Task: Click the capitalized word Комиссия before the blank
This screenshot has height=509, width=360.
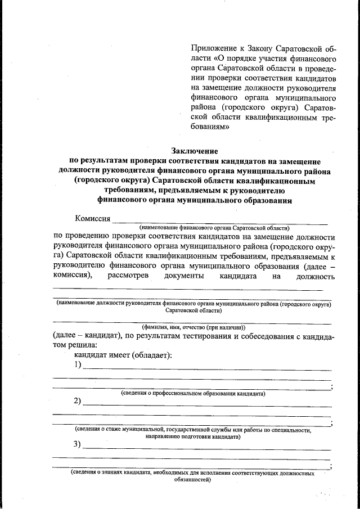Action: click(93, 218)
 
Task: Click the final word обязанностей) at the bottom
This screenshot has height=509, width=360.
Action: click(192, 481)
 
